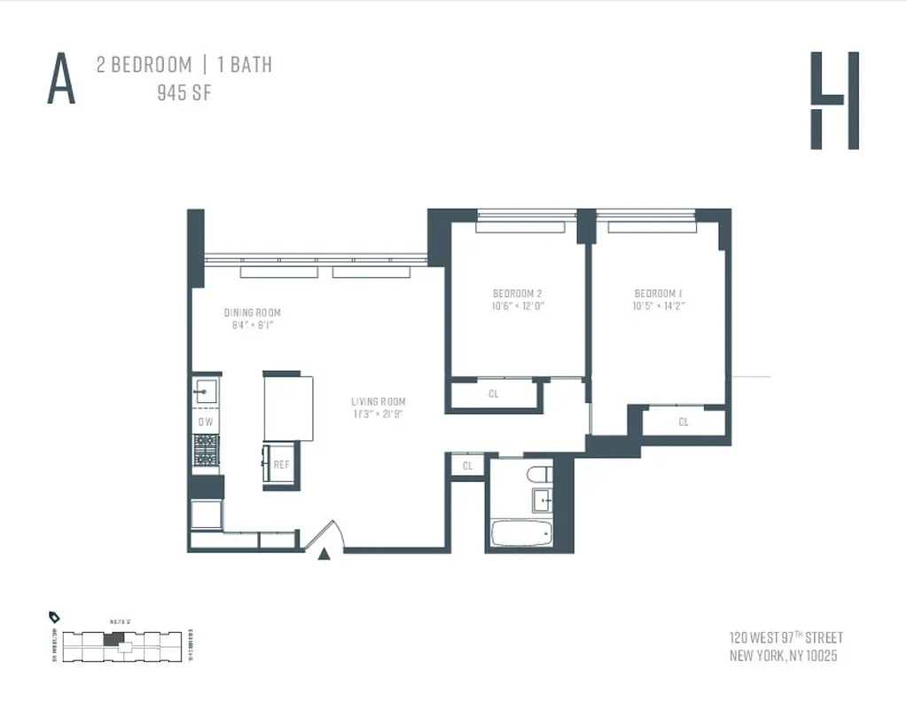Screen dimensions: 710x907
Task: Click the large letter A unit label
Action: click(x=61, y=79)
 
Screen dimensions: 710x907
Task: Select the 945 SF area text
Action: click(x=184, y=92)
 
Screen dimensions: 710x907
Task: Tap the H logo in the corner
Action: click(x=834, y=100)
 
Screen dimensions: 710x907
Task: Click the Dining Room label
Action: click(x=252, y=312)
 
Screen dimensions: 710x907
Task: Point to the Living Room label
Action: click(x=378, y=401)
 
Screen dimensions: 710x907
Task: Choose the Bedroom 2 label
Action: click(x=517, y=294)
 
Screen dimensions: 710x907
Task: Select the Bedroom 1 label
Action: click(x=658, y=294)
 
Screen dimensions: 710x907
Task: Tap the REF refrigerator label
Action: click(x=281, y=464)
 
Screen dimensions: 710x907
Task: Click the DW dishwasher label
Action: click(x=206, y=422)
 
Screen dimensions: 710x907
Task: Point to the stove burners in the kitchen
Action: click(x=206, y=449)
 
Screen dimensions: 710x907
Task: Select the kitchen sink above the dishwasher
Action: click(x=206, y=391)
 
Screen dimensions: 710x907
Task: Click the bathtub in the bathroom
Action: click(x=522, y=534)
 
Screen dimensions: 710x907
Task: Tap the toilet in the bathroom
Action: click(x=539, y=474)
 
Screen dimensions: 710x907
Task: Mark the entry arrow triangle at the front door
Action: click(x=324, y=554)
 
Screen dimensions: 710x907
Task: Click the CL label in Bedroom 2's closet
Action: click(x=494, y=394)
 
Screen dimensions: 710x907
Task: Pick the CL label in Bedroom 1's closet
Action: click(x=684, y=422)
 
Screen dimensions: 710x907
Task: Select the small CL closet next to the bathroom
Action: click(x=467, y=466)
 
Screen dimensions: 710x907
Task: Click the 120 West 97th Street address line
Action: click(x=785, y=637)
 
